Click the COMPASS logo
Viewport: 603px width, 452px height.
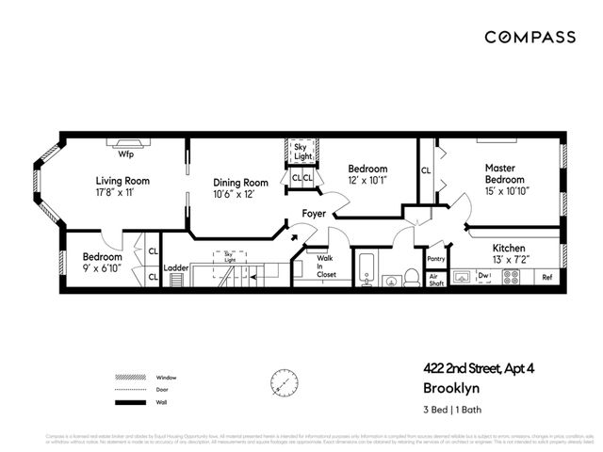(530, 37)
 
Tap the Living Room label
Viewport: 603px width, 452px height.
(122, 181)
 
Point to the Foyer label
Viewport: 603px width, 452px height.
(313, 214)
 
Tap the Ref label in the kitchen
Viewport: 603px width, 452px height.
(546, 277)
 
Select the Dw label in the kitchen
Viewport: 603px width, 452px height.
(485, 276)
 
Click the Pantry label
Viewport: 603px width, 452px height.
(435, 259)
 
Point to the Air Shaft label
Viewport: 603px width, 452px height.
(435, 279)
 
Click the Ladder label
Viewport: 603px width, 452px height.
(176, 267)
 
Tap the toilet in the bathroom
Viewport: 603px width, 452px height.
(412, 276)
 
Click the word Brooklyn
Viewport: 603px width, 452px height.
(450, 387)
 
